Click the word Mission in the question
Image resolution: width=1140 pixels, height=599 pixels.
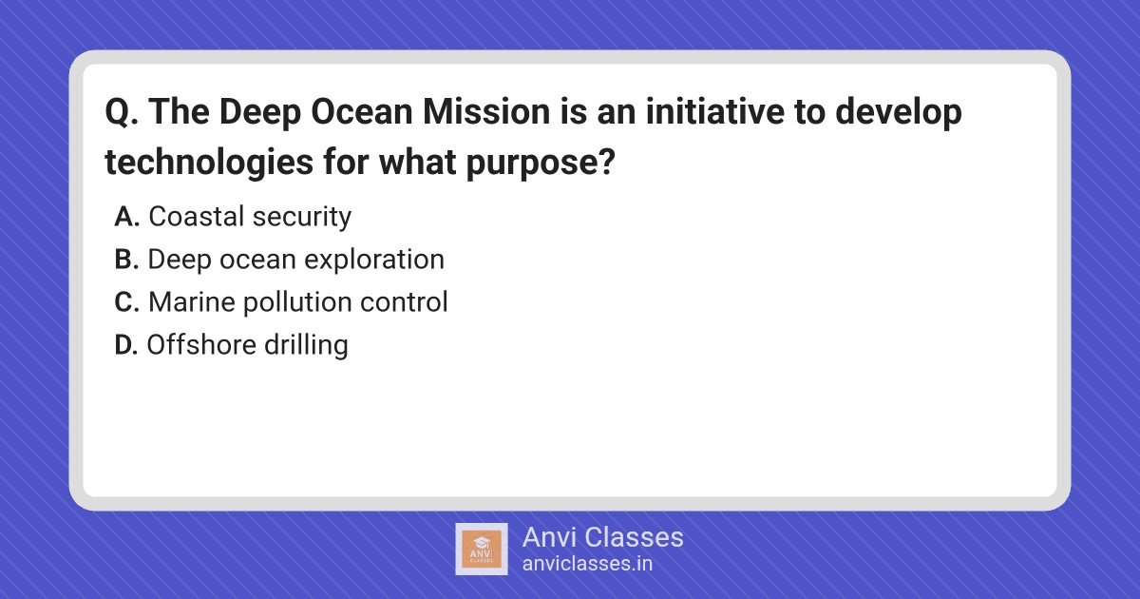(x=486, y=111)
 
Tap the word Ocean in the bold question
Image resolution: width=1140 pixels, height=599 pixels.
(x=361, y=111)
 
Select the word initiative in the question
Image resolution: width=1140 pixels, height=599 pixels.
(x=715, y=111)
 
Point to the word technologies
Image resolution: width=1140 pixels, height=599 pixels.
(x=209, y=163)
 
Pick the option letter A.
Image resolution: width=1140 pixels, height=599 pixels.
(x=126, y=217)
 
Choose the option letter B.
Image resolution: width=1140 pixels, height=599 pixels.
(x=126, y=260)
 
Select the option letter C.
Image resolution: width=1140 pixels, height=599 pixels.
(x=126, y=302)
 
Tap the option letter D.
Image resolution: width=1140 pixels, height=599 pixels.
(x=126, y=345)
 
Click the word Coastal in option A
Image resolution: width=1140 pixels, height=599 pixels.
(x=197, y=217)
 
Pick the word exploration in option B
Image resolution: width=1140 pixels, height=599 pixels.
(x=374, y=261)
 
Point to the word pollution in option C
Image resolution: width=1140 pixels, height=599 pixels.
(x=296, y=303)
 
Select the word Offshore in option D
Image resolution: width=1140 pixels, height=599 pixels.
(x=201, y=345)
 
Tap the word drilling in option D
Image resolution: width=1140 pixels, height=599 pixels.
(x=306, y=346)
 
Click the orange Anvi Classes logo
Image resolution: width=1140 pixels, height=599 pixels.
(x=482, y=550)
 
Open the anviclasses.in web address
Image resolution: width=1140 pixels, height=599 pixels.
(x=587, y=564)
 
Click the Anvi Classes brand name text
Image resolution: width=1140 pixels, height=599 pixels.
(x=603, y=537)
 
